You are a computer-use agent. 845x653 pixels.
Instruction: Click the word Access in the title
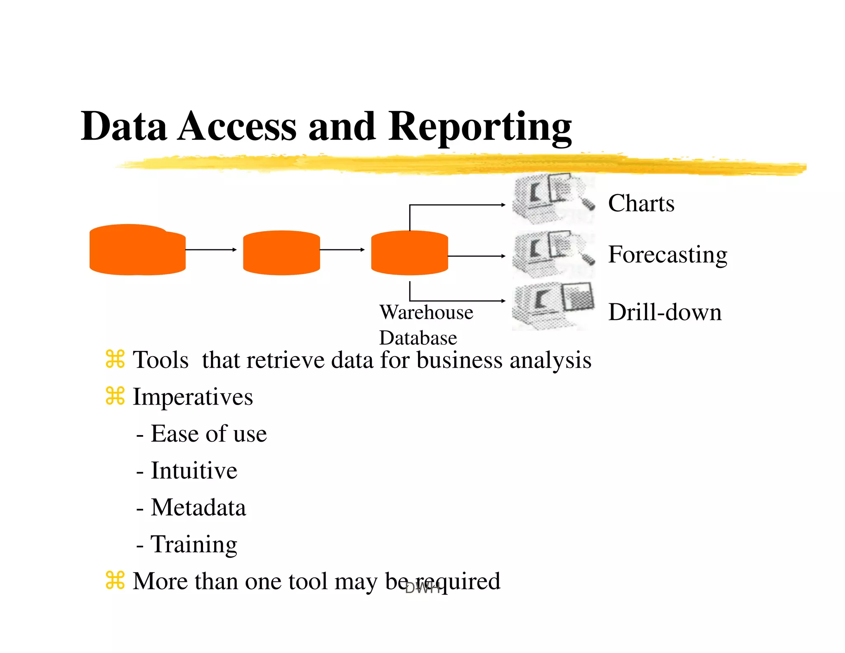(237, 126)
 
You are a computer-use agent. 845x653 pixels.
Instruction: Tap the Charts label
(641, 203)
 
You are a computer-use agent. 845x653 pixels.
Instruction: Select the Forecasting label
(668, 254)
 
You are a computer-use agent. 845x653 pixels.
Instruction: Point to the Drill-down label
(665, 312)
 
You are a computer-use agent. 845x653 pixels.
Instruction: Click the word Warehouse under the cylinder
(426, 312)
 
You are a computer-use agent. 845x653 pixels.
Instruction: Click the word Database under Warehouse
(418, 338)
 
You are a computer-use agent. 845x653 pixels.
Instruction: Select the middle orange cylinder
(281, 253)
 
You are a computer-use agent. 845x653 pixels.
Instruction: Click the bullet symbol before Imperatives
(115, 396)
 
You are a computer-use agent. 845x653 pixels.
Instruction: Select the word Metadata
(198, 507)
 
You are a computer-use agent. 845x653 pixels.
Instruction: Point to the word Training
(194, 544)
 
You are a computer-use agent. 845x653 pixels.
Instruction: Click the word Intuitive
(194, 471)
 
